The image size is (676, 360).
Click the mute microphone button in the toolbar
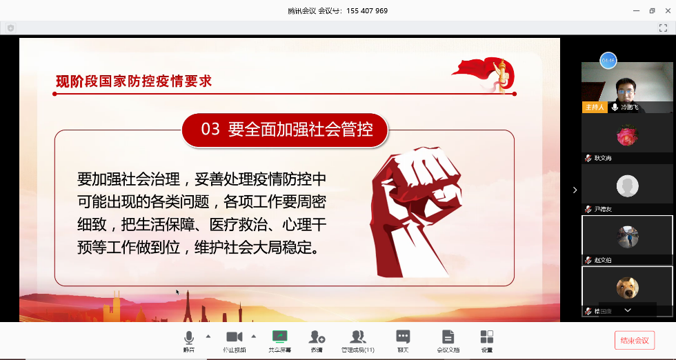(x=188, y=337)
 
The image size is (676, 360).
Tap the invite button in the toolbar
(x=317, y=337)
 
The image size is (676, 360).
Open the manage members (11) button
(x=357, y=337)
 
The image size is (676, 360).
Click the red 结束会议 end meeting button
(x=635, y=340)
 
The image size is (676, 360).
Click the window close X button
(x=666, y=10)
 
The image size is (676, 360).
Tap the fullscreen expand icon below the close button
(x=663, y=28)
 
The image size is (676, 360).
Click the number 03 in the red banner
(x=210, y=129)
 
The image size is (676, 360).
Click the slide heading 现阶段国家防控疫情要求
(x=134, y=81)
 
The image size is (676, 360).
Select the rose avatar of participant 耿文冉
(x=627, y=134)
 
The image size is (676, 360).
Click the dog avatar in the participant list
(x=627, y=288)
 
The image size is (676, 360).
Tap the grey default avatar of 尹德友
(x=627, y=186)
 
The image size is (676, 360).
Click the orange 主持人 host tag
(x=594, y=108)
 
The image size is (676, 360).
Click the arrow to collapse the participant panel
(x=575, y=190)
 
